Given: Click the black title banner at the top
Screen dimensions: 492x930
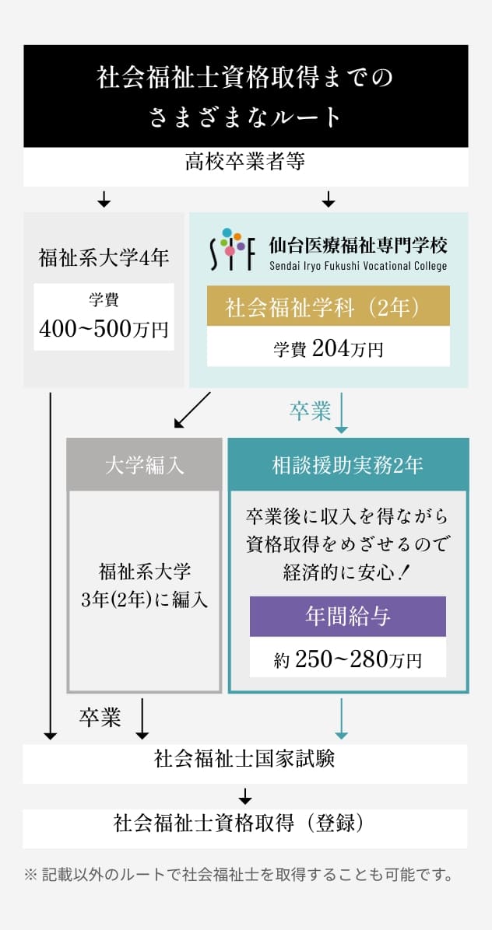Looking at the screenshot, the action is tap(246, 96).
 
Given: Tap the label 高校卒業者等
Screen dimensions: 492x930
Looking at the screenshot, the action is tap(245, 161).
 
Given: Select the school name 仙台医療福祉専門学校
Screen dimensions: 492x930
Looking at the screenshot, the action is tap(358, 244).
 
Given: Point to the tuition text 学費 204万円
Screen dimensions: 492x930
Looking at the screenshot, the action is tap(329, 349).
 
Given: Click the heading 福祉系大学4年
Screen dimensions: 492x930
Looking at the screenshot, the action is tap(104, 258).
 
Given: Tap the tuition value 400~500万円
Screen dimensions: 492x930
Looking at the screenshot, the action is tap(104, 329).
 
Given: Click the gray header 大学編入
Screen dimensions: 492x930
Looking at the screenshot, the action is tap(144, 465).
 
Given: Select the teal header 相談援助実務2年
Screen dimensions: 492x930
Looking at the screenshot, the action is tap(349, 465).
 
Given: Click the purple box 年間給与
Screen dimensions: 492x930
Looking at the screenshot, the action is tap(348, 617).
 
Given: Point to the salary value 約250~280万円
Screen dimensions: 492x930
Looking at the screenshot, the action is tap(348, 659).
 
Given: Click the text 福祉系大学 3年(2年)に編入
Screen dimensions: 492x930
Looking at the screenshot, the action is tap(144, 586).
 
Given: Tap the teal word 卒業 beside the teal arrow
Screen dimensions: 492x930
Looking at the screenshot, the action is tap(310, 411).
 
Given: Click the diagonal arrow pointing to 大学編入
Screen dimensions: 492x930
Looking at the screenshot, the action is tap(192, 410).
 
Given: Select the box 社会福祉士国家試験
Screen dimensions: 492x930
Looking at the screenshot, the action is tap(245, 764).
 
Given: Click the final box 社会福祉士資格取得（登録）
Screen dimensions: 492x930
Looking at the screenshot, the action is tap(245, 828).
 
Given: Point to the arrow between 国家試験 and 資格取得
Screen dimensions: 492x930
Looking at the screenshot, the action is tap(245, 796).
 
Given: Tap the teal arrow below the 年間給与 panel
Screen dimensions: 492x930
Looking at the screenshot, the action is tap(342, 718).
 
